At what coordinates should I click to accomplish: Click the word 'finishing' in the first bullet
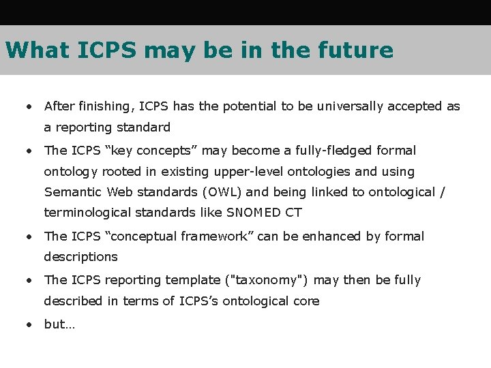pos(106,106)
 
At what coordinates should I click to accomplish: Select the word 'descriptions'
pos(80,257)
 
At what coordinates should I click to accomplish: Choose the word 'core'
pos(306,301)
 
